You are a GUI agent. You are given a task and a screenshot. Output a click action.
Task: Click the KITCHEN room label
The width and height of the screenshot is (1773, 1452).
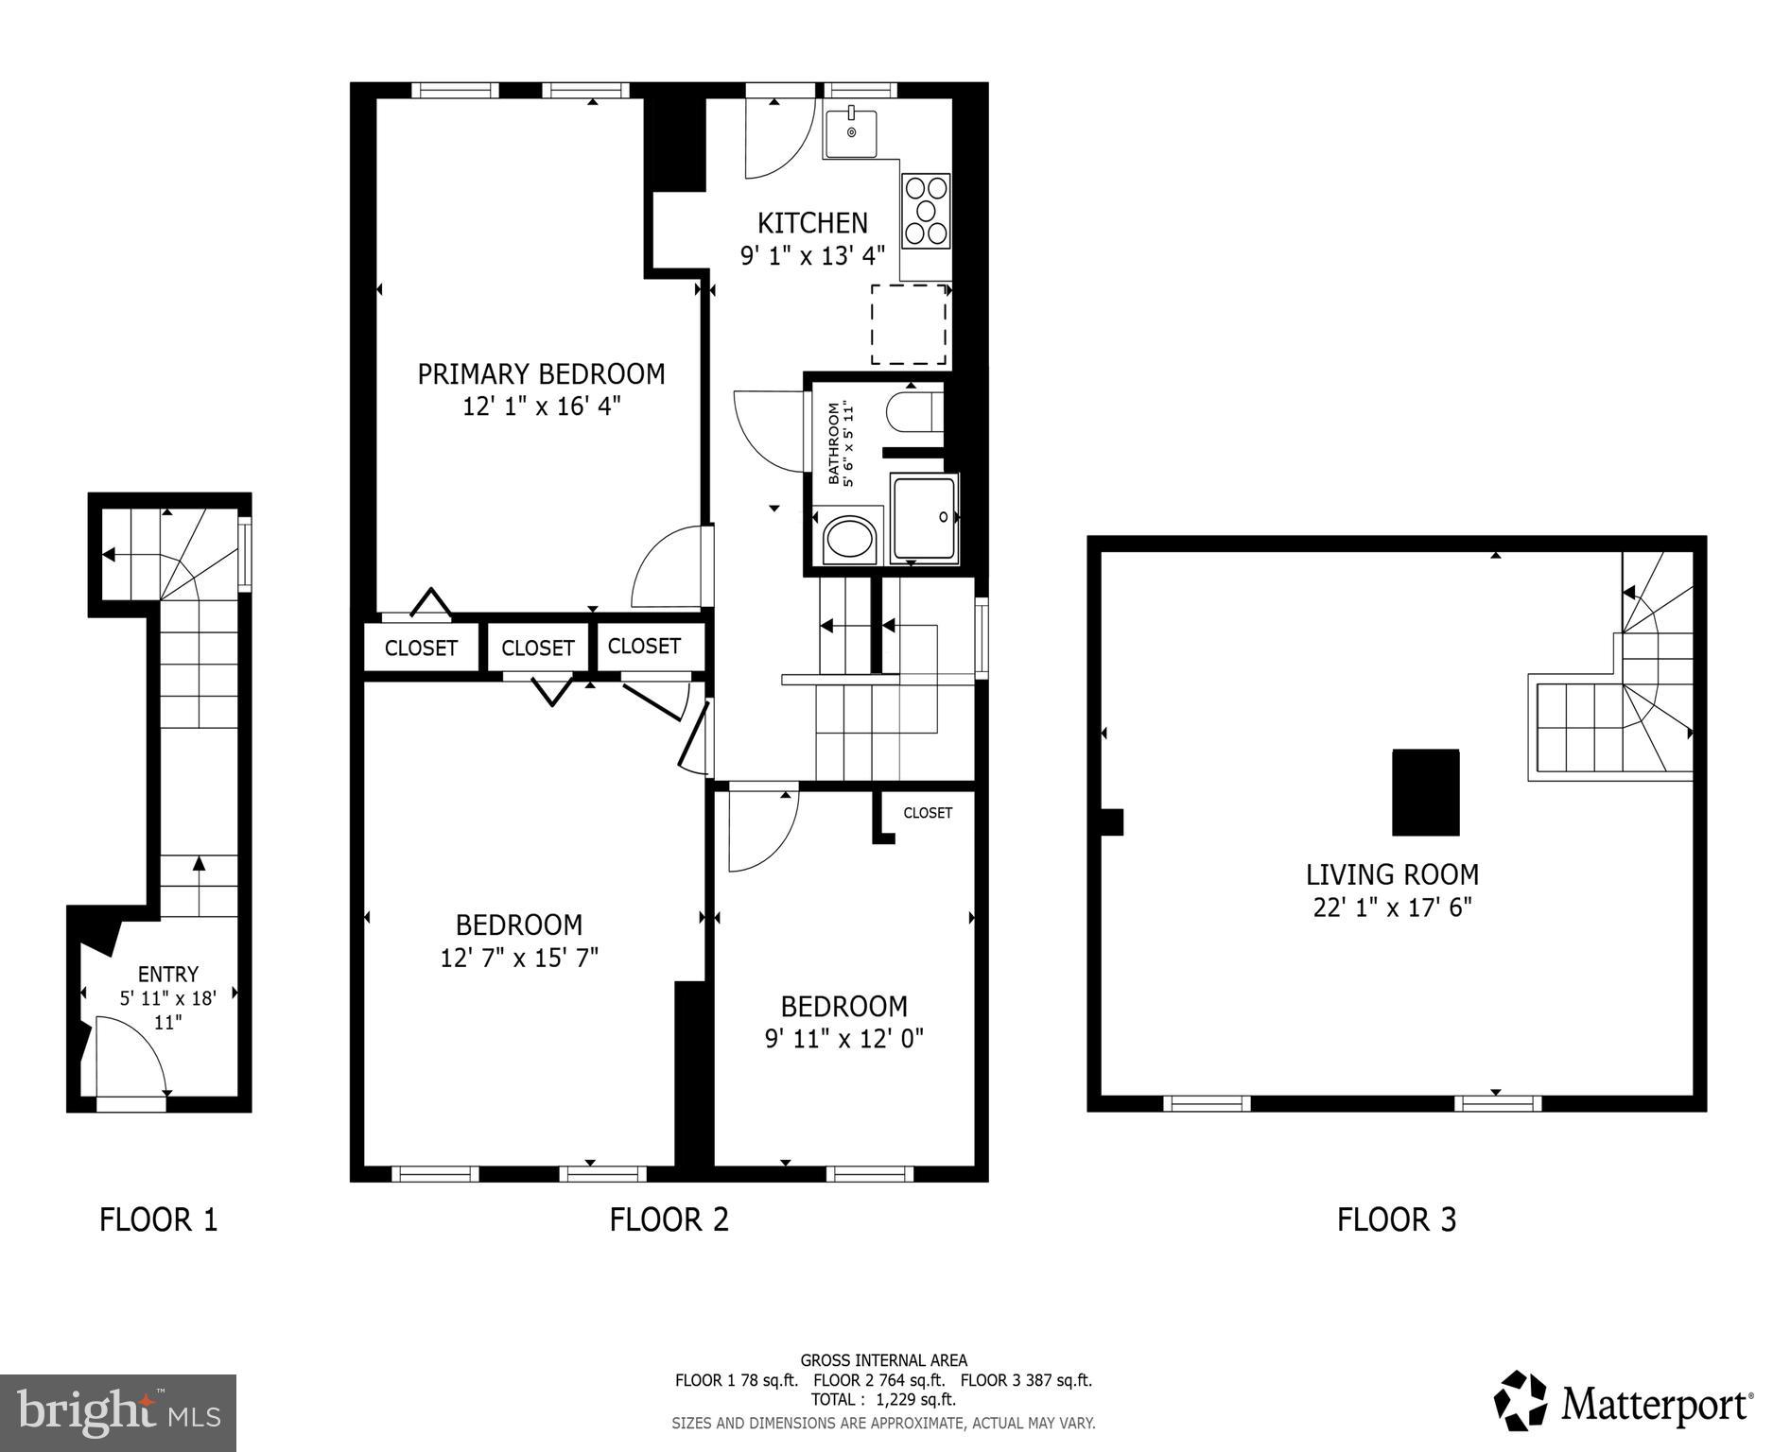click(811, 223)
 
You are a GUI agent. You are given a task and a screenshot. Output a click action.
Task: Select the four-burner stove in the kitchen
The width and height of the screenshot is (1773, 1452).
click(926, 211)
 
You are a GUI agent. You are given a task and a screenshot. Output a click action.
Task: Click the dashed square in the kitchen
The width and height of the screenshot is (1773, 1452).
click(908, 324)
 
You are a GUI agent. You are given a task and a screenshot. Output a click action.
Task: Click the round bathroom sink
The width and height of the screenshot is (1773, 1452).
click(850, 540)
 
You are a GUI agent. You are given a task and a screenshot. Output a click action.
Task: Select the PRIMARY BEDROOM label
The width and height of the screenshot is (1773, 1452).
click(541, 374)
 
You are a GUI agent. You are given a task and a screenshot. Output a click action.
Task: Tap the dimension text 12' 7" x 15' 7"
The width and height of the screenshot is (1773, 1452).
click(519, 958)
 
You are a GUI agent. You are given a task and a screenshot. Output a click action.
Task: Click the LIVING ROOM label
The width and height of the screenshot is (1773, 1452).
click(1392, 874)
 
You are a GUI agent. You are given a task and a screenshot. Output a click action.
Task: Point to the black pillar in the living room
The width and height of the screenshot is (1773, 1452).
click(1425, 792)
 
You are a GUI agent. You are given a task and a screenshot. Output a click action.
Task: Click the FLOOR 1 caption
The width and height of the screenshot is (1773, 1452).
click(159, 1219)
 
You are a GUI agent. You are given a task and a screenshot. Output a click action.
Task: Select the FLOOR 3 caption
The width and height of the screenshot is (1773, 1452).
click(1396, 1219)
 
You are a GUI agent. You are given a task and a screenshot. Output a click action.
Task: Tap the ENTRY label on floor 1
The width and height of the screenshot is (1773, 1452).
click(167, 974)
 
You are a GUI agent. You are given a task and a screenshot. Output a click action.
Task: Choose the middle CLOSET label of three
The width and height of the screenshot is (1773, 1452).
click(537, 648)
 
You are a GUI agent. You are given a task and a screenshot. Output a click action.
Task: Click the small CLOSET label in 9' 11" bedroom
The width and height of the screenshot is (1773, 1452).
click(927, 813)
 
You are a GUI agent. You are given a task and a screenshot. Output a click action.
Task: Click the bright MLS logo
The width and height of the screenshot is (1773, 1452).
click(117, 1412)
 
